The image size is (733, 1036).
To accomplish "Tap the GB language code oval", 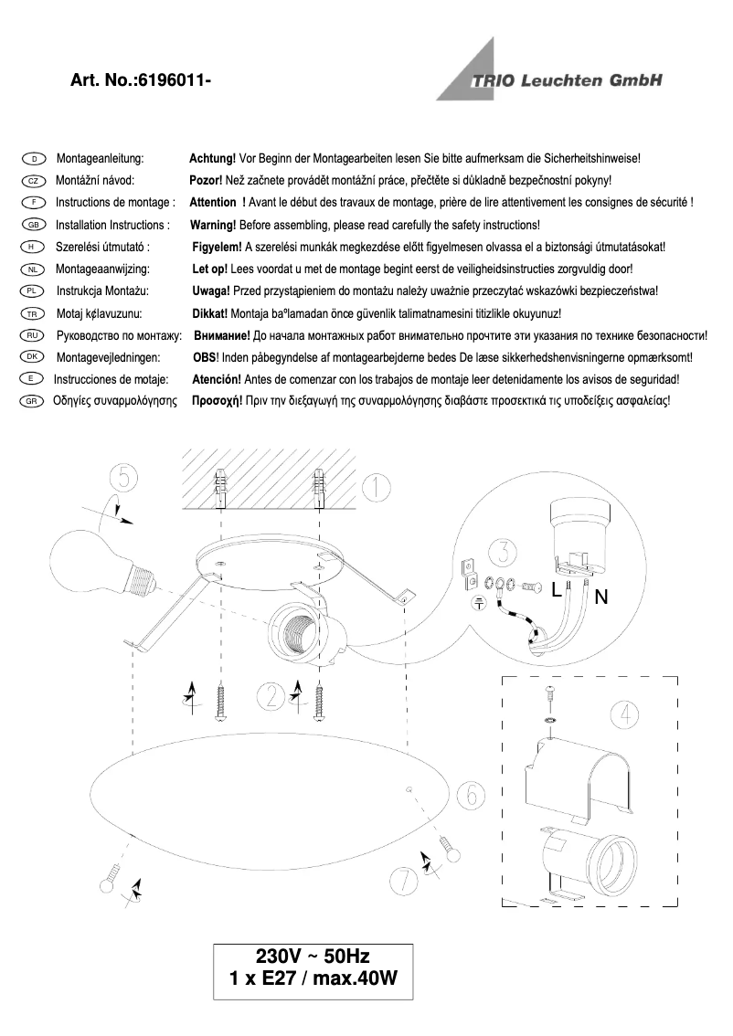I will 32,225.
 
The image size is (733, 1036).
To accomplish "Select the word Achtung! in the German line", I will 212,159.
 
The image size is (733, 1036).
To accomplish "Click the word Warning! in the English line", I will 213,225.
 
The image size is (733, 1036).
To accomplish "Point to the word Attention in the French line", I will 212,203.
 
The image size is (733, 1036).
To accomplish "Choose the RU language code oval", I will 32,335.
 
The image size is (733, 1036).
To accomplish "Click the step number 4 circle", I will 624,714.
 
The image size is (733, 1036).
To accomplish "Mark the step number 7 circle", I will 402,879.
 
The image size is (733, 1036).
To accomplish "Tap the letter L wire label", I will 556,591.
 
